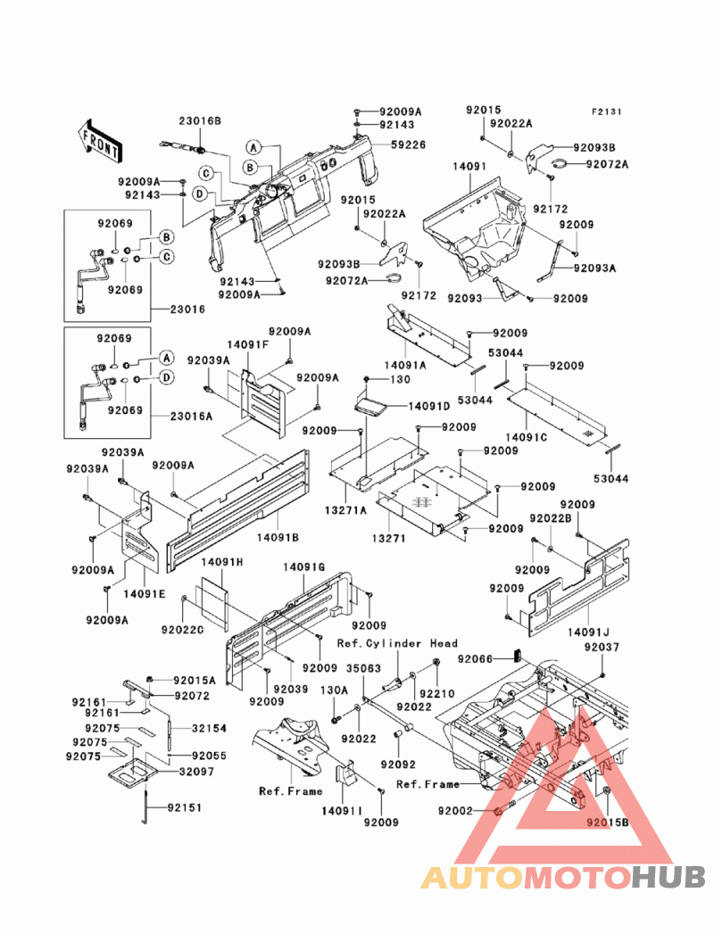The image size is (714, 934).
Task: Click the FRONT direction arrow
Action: pos(99,141)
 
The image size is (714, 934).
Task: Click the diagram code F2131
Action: pos(606,112)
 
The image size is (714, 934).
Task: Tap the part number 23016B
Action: pos(200,121)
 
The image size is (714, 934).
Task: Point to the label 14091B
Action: pos(278,537)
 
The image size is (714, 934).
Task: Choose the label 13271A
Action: pos(345,510)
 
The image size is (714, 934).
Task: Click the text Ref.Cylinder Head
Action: pos(397,643)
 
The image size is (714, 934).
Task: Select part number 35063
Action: pos(363,668)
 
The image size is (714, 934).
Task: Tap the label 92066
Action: pos(475,659)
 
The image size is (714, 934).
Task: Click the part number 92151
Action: pos(185,807)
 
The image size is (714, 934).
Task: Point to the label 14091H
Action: pos(222,562)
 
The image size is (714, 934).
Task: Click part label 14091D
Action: pos(429,406)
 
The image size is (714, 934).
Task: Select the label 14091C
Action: pos(527,437)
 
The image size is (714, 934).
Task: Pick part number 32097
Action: pos(197,772)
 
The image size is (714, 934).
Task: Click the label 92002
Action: pos(455,811)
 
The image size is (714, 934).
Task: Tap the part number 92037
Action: pos(602,647)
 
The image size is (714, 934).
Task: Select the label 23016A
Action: pos(191,417)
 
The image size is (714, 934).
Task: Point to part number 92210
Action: pos(436,693)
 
